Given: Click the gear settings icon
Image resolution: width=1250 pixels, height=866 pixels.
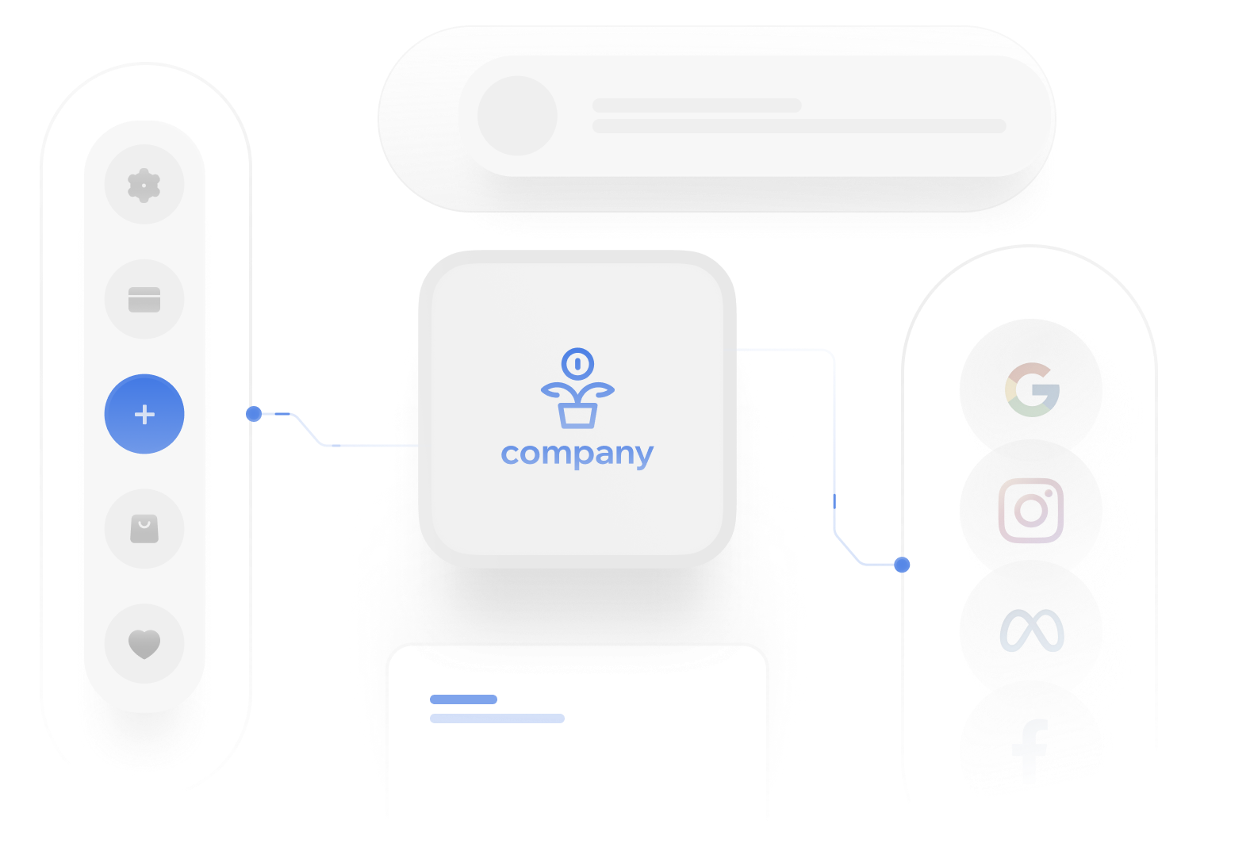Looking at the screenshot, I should coord(144,185).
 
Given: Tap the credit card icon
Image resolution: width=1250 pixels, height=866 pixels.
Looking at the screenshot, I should coord(144,300).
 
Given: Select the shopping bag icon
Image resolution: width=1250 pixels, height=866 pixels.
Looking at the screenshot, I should coord(144,529).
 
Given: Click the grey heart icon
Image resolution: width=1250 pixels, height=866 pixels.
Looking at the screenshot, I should coord(144,643).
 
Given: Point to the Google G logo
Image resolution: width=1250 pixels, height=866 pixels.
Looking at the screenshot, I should coord(1032,389).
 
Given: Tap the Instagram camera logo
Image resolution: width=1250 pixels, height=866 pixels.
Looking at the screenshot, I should coord(1031,511).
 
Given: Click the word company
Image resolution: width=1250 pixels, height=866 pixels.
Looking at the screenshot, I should coord(577,454).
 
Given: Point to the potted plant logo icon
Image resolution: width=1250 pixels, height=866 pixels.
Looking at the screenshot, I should coord(577,389).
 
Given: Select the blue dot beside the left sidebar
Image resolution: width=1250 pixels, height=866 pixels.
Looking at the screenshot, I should coord(254,414).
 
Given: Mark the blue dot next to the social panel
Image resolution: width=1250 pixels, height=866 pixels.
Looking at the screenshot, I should coord(902,565).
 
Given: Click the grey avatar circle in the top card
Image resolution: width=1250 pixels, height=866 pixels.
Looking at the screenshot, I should coord(517,116).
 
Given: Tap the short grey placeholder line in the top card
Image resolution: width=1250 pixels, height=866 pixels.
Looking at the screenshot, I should coord(696,105).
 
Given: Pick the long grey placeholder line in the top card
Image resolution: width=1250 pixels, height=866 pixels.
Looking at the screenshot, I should coord(799,127).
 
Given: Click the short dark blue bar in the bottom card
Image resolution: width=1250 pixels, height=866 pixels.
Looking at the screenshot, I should coord(463,699).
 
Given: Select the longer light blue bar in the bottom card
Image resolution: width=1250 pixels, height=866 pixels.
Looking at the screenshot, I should coord(497,718).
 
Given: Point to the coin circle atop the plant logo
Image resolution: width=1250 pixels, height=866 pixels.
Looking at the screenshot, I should coord(577,364).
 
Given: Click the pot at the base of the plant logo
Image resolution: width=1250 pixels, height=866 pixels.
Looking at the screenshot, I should coord(577,415).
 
